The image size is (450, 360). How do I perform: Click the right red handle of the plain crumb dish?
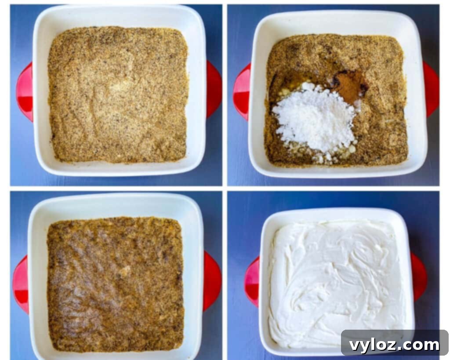214,90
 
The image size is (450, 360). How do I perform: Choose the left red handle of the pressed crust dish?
21,284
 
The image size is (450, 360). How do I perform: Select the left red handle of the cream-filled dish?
252,282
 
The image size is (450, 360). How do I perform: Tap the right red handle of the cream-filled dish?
420,277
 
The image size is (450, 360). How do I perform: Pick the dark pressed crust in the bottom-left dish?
115,284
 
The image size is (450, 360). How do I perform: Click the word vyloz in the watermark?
373,345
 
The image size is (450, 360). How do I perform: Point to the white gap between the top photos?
225,95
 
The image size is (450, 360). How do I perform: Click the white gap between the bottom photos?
225,275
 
